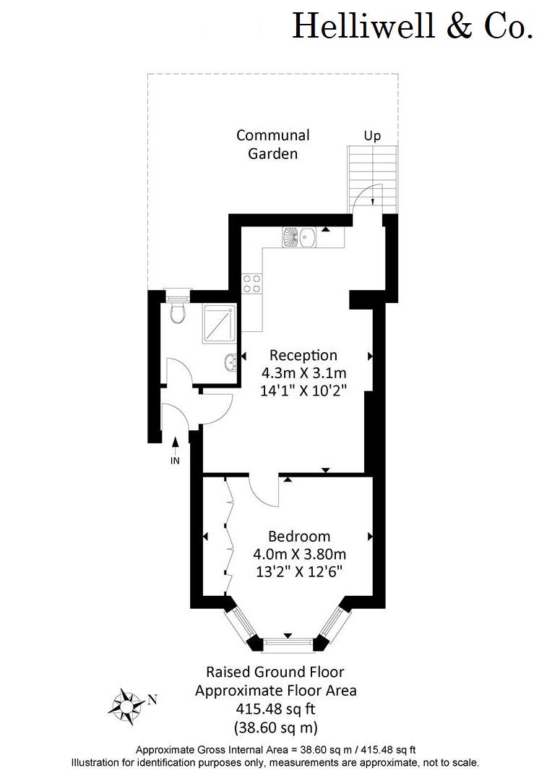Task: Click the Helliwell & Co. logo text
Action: point(412,26)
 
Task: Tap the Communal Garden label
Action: point(273,144)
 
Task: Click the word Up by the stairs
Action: point(372,136)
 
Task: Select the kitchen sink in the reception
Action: point(298,237)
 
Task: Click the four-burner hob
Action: point(251,283)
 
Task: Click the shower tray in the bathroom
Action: point(218,324)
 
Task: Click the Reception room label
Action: point(303,355)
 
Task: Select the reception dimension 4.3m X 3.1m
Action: point(304,372)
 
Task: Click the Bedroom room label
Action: point(299,537)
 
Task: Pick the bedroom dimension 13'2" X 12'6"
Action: point(300,571)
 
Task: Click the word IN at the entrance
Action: point(175,461)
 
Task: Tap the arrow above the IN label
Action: point(175,445)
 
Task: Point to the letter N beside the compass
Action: point(152,700)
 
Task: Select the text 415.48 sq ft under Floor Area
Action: point(275,708)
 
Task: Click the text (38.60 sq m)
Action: point(276,727)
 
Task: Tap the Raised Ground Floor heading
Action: point(275,672)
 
